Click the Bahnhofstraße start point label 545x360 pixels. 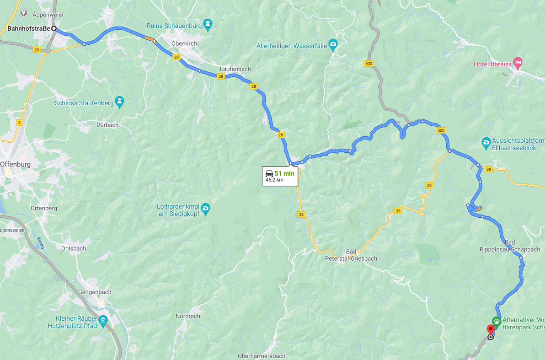[x=29, y=29]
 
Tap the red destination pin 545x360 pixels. [x=491, y=329]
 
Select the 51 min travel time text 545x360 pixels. [x=284, y=173]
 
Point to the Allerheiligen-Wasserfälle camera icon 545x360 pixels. [x=333, y=45]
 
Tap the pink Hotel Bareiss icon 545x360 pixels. [x=518, y=63]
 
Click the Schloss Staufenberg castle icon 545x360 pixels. [x=120, y=102]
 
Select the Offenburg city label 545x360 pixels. [x=16, y=164]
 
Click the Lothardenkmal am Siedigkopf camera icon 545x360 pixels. [x=206, y=210]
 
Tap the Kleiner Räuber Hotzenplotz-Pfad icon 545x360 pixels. [x=103, y=320]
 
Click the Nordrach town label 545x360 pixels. [x=188, y=316]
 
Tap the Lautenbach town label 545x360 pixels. [x=235, y=69]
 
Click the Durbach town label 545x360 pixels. [x=107, y=125]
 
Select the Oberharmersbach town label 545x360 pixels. [x=262, y=356]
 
